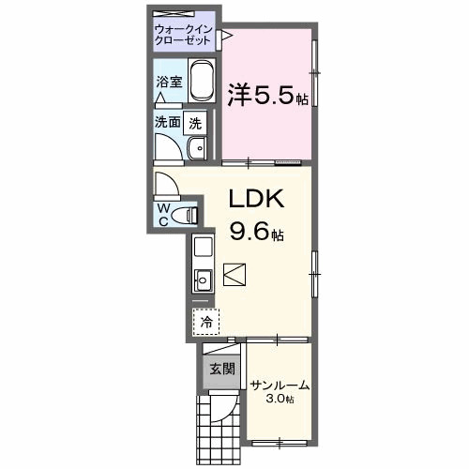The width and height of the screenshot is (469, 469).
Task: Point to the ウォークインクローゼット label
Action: pos(185,36)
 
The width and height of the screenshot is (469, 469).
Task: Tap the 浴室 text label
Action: pos(169,82)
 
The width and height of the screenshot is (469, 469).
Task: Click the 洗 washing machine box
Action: pos(194,121)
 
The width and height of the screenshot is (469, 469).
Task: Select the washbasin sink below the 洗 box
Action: pos(198,148)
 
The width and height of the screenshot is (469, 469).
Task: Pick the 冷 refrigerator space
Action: pos(205,321)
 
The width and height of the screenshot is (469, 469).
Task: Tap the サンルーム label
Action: pos(280,386)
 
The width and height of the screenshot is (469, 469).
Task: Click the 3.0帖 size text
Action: pos(280,400)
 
